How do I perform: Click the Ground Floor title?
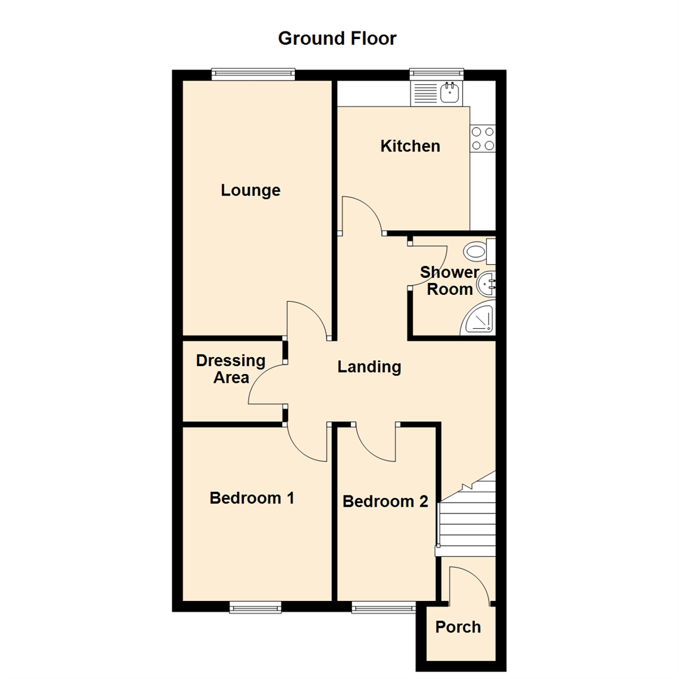click(x=337, y=38)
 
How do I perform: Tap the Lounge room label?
click(x=250, y=190)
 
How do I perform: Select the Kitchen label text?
click(x=410, y=146)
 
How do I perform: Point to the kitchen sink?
click(x=450, y=94)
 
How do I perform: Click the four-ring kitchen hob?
click(x=482, y=139)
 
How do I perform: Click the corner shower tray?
click(x=480, y=320)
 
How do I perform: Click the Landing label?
click(x=369, y=367)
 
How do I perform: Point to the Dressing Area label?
click(x=231, y=369)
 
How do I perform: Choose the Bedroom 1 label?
click(x=252, y=499)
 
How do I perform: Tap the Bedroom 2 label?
click(x=385, y=502)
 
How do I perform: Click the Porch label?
click(x=458, y=627)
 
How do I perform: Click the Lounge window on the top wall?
click(x=253, y=74)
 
